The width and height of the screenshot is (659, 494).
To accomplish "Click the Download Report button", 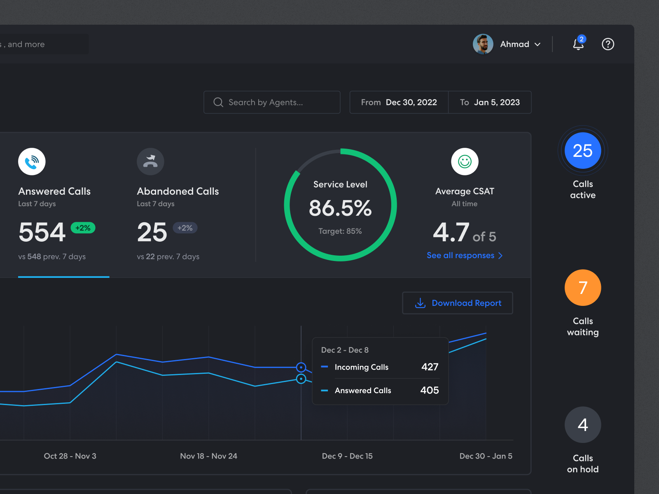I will (x=457, y=303).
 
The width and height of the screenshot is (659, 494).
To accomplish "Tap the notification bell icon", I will (x=578, y=44).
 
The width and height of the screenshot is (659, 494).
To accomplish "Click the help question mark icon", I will (x=608, y=44).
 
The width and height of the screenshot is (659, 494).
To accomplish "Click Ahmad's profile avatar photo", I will (x=483, y=44).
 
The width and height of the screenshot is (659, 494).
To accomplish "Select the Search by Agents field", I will (x=272, y=102).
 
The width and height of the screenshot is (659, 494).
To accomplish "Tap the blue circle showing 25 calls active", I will (x=582, y=151).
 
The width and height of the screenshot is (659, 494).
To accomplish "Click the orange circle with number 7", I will (x=582, y=288).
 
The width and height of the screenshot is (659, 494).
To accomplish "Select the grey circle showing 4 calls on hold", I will (x=582, y=425).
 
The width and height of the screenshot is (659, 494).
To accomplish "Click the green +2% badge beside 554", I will (x=83, y=228).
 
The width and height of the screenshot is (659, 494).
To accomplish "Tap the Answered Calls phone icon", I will (x=32, y=161).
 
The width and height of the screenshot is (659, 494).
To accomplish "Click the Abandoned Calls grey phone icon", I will (x=150, y=161).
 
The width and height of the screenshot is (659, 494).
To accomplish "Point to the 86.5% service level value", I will (x=340, y=208).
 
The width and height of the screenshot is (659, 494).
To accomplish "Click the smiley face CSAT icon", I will (x=465, y=161).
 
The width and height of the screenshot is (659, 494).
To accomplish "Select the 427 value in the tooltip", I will (x=430, y=367).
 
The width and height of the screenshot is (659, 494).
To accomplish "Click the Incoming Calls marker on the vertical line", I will (x=301, y=367).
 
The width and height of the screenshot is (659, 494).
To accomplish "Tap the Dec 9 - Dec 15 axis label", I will (x=347, y=456).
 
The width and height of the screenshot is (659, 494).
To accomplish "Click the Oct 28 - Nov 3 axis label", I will (x=70, y=456).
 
